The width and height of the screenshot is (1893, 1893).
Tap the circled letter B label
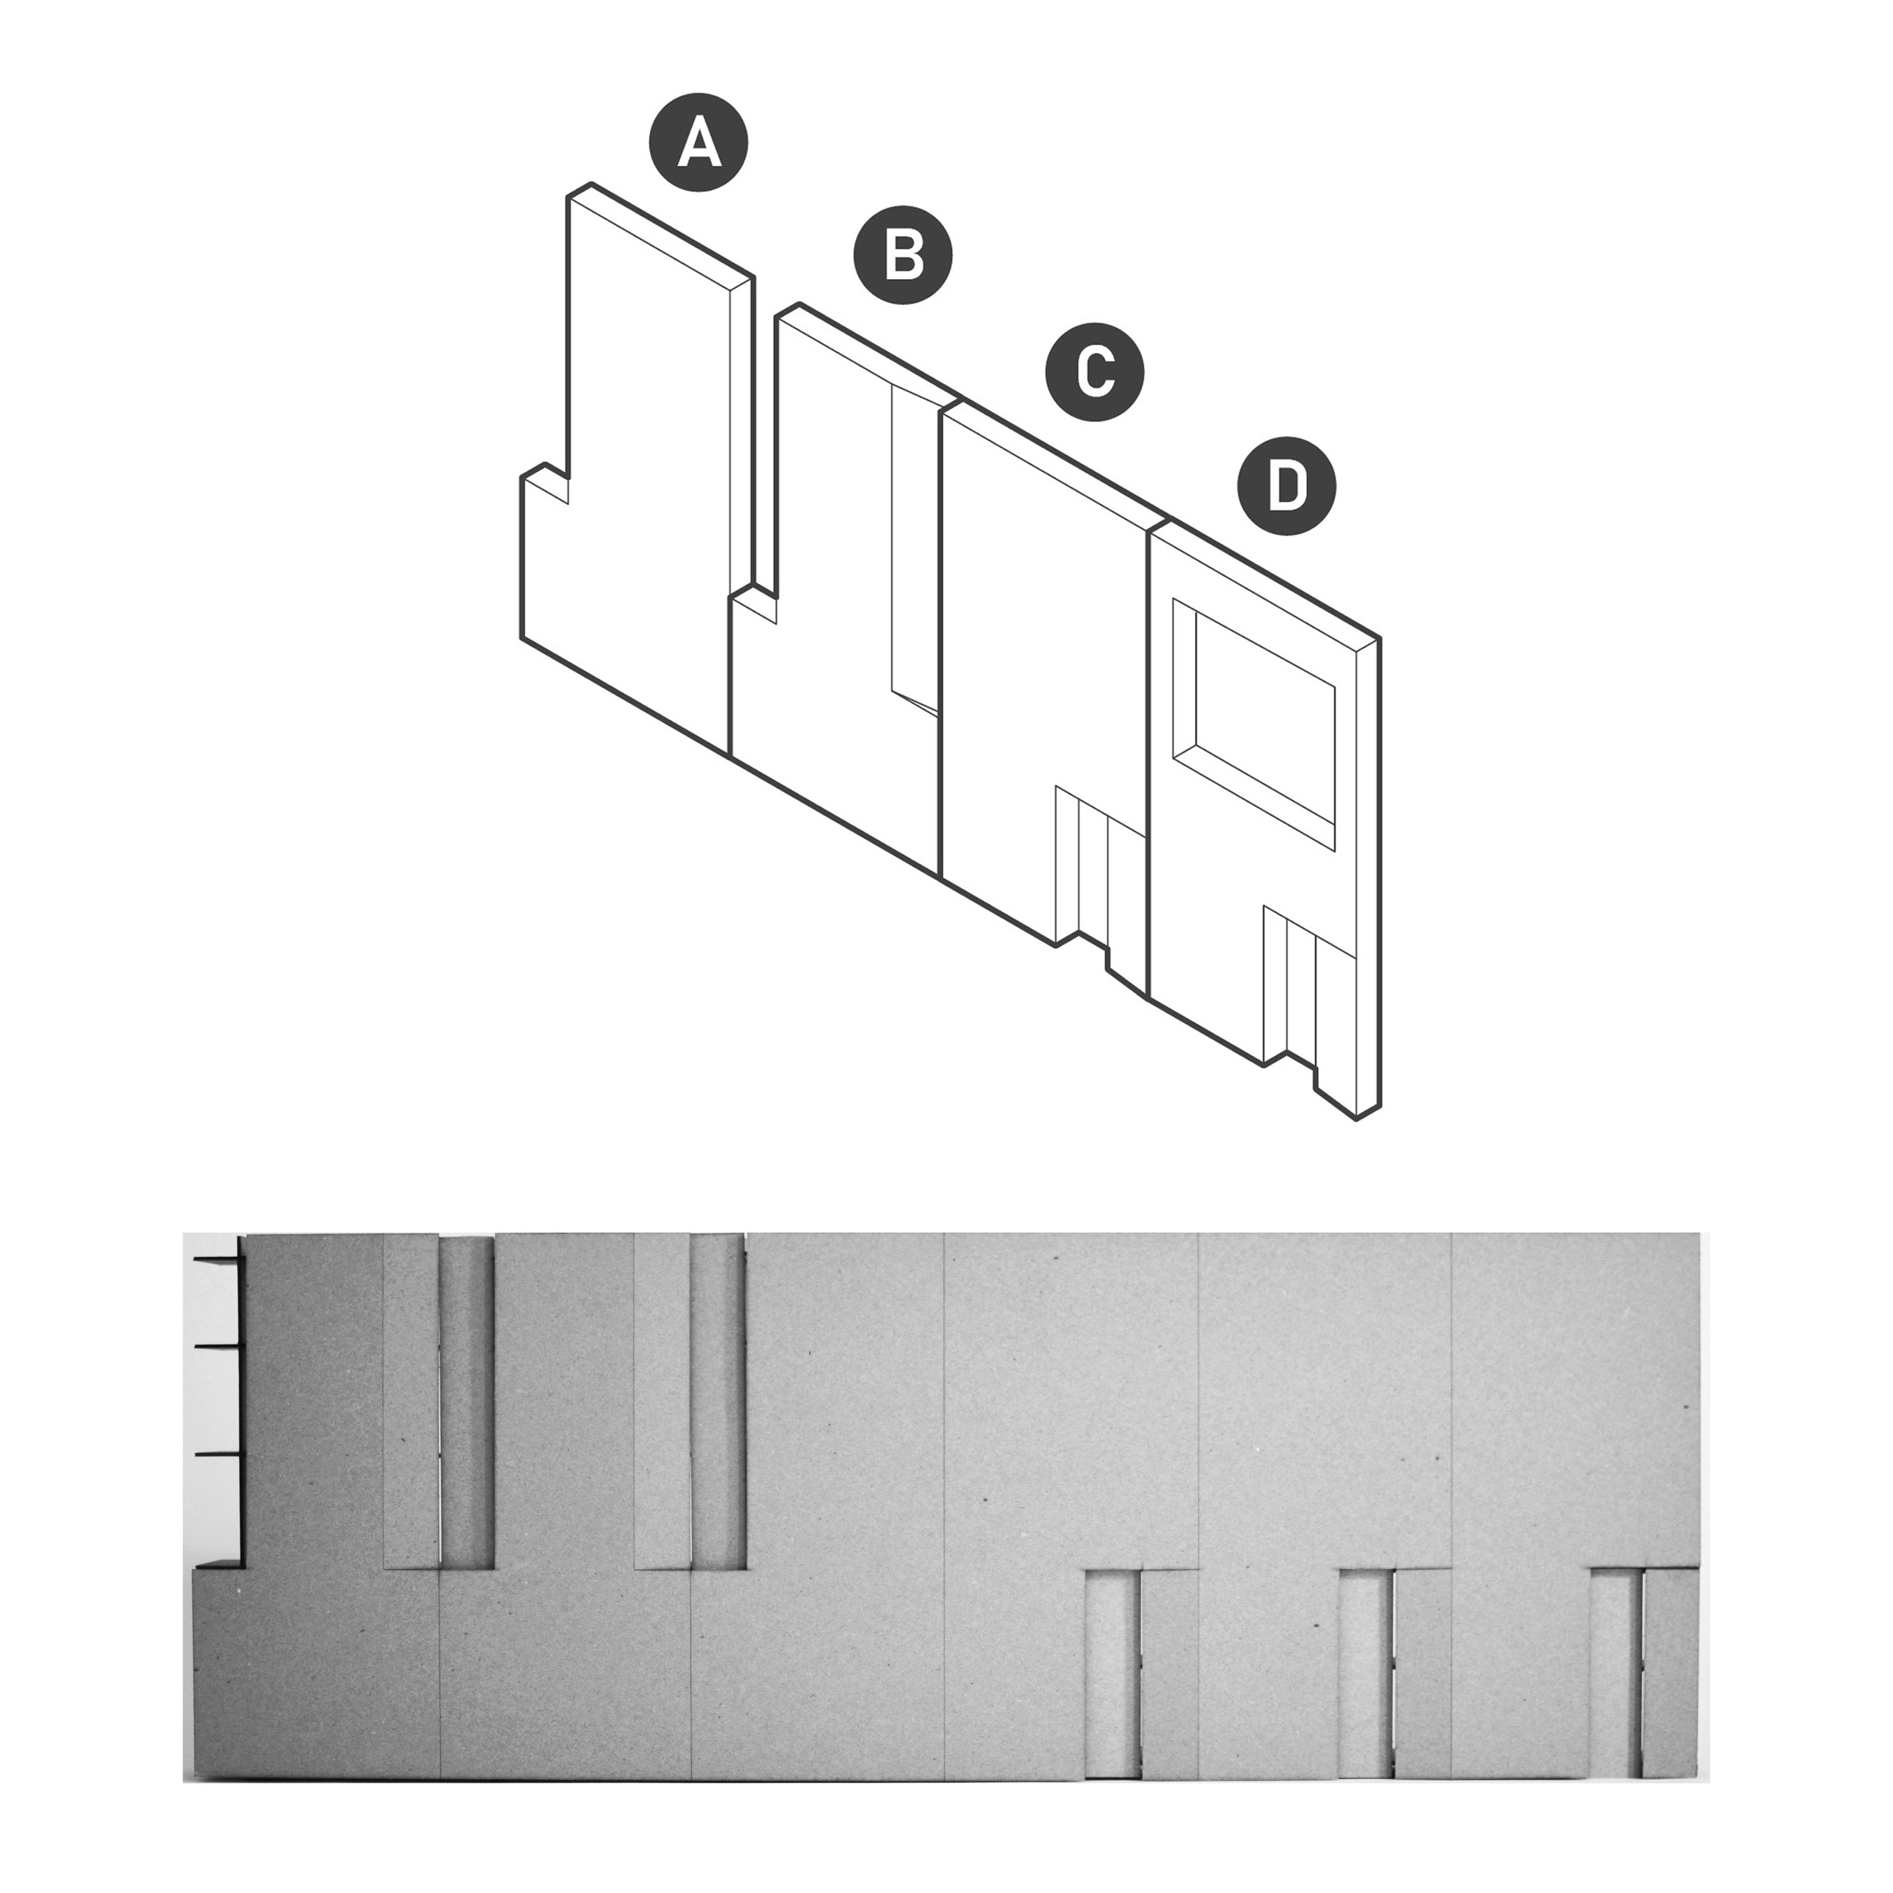point(904,255)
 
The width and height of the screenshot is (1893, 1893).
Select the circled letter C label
point(1095,372)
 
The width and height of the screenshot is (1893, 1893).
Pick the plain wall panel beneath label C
point(1038,637)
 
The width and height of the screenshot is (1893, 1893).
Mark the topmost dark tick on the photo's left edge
point(217,1257)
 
